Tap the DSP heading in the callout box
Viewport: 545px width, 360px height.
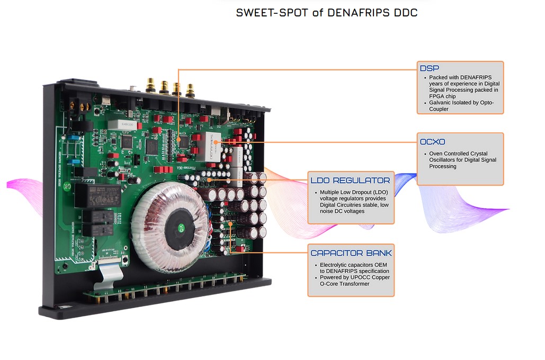(429, 68)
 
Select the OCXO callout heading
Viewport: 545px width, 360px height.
(432, 142)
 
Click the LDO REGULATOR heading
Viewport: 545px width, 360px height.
(351, 181)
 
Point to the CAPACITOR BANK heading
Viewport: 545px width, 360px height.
(351, 253)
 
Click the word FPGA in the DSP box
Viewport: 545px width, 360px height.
(436, 96)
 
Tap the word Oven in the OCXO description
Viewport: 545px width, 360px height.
(436, 154)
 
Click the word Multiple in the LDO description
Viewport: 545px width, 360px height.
(330, 192)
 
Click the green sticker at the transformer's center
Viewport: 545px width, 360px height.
(181, 228)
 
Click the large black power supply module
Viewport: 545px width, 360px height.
(98, 195)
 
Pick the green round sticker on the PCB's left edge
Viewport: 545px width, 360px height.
(68, 186)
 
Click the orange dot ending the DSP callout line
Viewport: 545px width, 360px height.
(178, 139)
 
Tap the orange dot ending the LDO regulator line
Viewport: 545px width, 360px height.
(209, 180)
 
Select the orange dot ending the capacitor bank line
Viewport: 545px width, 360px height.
(230, 224)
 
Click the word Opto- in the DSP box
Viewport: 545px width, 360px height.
(487, 103)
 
